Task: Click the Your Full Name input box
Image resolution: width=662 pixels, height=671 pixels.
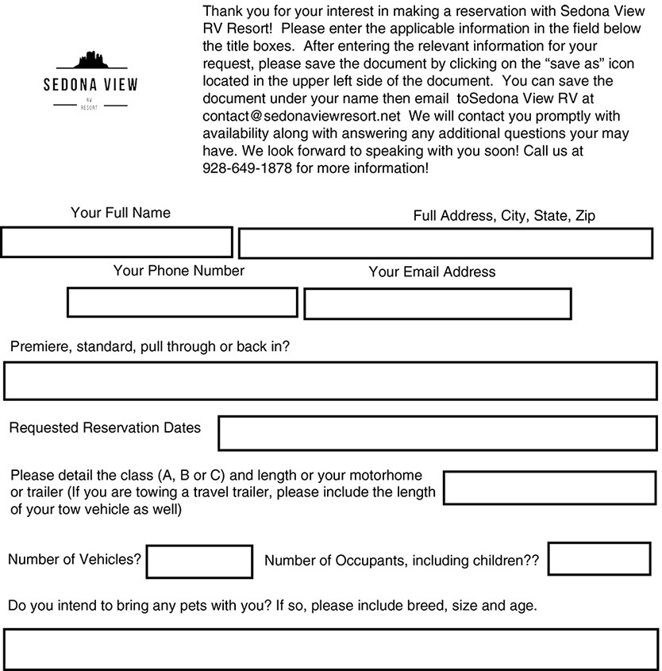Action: [117, 242]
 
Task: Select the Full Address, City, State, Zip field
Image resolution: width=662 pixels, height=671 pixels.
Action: [448, 243]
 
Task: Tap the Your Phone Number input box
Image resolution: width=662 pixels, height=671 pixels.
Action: [182, 303]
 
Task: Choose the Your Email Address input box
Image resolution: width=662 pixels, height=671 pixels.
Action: [437, 303]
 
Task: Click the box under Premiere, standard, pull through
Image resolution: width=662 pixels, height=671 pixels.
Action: [330, 380]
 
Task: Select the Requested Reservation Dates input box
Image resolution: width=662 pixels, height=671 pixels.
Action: [437, 433]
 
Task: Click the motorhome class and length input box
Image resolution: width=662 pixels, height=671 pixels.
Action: [551, 488]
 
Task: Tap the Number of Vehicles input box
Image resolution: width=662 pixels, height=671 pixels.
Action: [199, 561]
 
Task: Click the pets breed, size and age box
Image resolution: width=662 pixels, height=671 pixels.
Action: [330, 650]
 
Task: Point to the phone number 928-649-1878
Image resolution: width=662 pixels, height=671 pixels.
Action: [248, 168]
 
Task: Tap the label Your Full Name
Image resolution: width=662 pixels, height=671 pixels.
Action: [121, 213]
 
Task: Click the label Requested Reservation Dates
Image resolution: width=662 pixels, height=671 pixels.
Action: [105, 428]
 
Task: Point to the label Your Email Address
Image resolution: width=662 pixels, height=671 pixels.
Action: [432, 272]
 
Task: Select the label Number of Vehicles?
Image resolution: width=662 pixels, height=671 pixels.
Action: [75, 559]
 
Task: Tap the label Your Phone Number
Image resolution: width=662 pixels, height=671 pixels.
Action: [179, 271]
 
